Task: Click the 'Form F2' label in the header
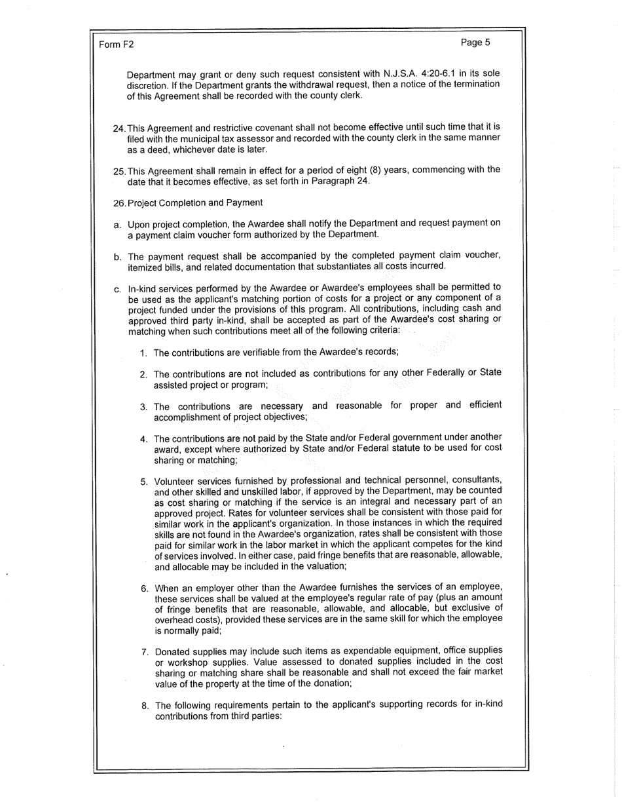tap(116, 45)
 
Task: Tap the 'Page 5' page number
tap(475, 43)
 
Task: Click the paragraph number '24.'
tap(119, 127)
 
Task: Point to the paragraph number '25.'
tap(119, 171)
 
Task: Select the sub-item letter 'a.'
tap(117, 225)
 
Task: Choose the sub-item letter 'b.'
tap(117, 256)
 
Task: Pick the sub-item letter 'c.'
tap(117, 288)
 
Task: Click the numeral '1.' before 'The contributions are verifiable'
tap(143, 353)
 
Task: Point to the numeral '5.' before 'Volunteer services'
tap(145, 482)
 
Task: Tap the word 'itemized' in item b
tap(145, 266)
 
